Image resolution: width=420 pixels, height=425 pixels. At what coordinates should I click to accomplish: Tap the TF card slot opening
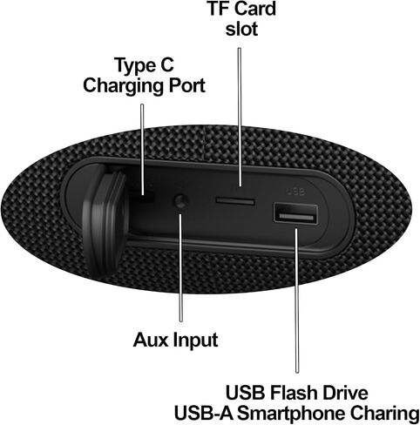(x=235, y=201)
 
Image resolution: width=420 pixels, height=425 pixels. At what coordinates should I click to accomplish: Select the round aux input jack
(x=180, y=201)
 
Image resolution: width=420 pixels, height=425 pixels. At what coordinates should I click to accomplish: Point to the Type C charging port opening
(x=145, y=199)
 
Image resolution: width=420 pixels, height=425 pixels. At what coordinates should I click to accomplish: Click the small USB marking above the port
(x=295, y=192)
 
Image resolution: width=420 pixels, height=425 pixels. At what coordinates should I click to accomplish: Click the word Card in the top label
(x=255, y=9)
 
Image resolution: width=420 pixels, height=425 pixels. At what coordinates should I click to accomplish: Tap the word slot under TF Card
(x=241, y=29)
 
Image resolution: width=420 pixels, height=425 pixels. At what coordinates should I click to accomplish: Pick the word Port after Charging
(x=187, y=85)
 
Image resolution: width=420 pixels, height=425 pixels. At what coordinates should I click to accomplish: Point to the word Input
(x=196, y=341)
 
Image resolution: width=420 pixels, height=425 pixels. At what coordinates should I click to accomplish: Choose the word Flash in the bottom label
(x=294, y=393)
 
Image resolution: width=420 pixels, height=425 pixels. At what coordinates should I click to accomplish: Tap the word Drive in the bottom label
(x=345, y=393)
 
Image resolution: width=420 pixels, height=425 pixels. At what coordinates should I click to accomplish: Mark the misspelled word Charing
(x=384, y=414)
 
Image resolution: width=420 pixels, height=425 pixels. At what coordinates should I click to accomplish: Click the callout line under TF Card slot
(x=240, y=117)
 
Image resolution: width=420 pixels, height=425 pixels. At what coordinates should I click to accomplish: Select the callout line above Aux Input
(x=180, y=267)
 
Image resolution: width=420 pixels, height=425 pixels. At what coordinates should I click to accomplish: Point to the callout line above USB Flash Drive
(x=296, y=300)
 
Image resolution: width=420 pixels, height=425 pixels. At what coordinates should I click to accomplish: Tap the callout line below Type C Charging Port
(x=142, y=149)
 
